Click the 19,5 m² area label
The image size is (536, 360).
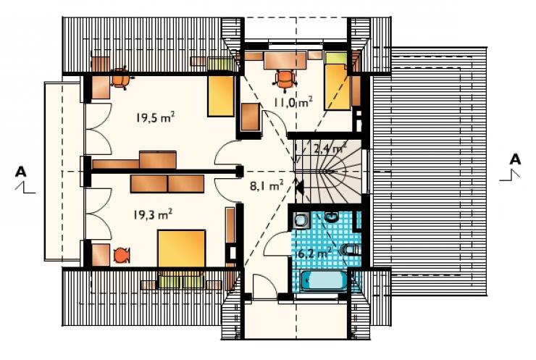click(156, 117)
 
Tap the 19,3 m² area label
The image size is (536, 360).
click(152, 214)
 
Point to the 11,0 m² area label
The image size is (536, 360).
click(293, 101)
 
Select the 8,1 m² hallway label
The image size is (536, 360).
click(267, 185)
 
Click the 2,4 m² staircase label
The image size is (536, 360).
click(329, 148)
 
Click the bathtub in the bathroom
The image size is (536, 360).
click(323, 280)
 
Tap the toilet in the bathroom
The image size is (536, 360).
click(351, 250)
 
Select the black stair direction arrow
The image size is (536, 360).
click(299, 188)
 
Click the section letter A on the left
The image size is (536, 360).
click(20, 172)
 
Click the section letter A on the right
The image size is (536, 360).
click(515, 159)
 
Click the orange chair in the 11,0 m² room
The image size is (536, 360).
click(285, 80)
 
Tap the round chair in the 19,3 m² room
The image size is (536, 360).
click(121, 256)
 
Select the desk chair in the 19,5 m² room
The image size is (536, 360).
click(121, 79)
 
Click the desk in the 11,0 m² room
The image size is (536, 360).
click(285, 60)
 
